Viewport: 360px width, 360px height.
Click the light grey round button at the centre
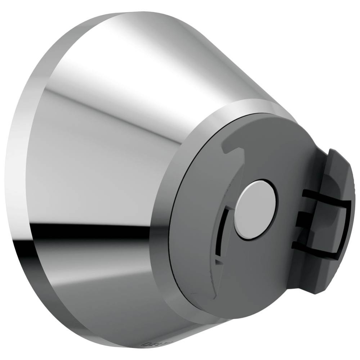[x=255, y=209]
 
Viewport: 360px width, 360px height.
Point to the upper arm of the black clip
[x=324, y=197]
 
